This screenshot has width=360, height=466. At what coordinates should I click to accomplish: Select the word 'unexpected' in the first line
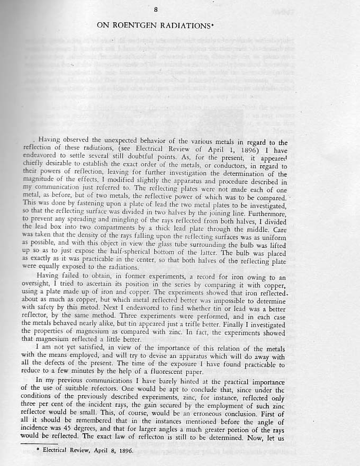pyautogui.click(x=122, y=142)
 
